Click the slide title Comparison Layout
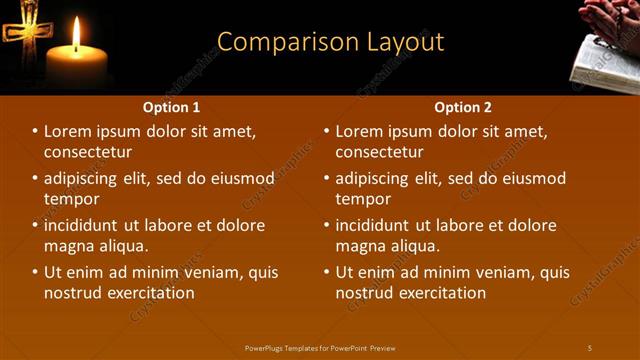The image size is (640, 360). coord(330,42)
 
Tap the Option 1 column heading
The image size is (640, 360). coord(172,107)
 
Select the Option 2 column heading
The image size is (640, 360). coord(463,107)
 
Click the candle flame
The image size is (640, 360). coord(77,34)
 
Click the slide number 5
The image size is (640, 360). coord(590,347)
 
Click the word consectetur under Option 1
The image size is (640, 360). coord(88,153)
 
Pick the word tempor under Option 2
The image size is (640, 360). coord(363,199)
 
